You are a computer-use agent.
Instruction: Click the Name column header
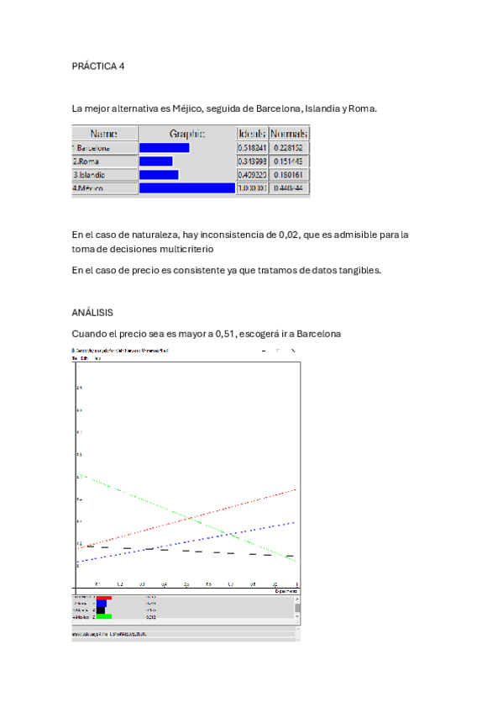(x=103, y=134)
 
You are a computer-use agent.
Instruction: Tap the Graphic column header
(x=186, y=134)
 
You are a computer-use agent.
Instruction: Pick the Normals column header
(x=289, y=134)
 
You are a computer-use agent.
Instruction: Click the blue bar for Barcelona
(x=164, y=148)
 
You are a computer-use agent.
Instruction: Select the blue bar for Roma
(x=155, y=161)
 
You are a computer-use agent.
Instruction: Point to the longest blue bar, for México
(x=186, y=188)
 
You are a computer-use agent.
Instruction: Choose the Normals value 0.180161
(x=289, y=175)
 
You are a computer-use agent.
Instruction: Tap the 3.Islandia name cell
(x=103, y=175)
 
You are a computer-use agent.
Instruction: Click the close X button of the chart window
(x=292, y=350)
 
